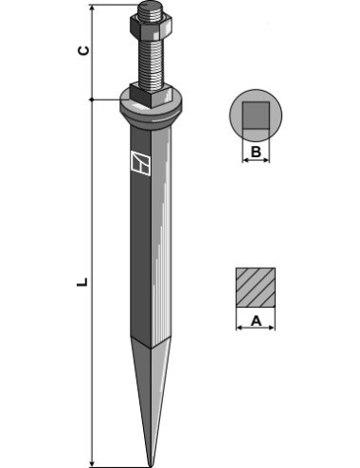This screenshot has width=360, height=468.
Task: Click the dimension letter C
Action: tap(83, 50)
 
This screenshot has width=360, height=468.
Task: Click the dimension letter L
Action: tap(82, 282)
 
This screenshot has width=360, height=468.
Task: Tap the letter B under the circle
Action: tap(256, 152)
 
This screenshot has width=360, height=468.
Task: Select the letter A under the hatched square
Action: tap(256, 321)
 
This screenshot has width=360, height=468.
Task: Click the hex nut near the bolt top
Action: tap(151, 25)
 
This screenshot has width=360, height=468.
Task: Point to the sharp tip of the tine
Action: tap(151, 466)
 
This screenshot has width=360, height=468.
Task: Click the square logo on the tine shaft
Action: tap(141, 163)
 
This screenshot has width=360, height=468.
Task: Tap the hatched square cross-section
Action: tap(256, 288)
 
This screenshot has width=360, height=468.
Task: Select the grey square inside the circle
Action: tap(256, 115)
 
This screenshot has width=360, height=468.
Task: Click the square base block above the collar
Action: tap(151, 95)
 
